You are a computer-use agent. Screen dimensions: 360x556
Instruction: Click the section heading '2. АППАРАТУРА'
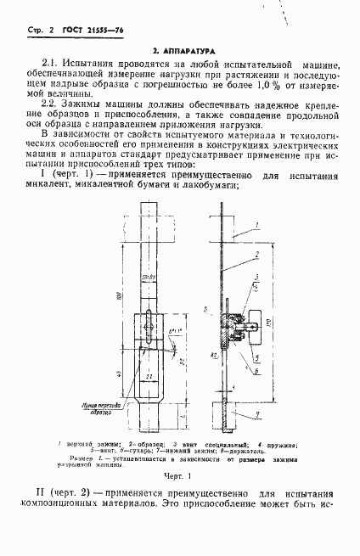tap(179, 52)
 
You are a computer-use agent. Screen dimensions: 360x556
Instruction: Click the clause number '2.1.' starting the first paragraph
tap(53, 65)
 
